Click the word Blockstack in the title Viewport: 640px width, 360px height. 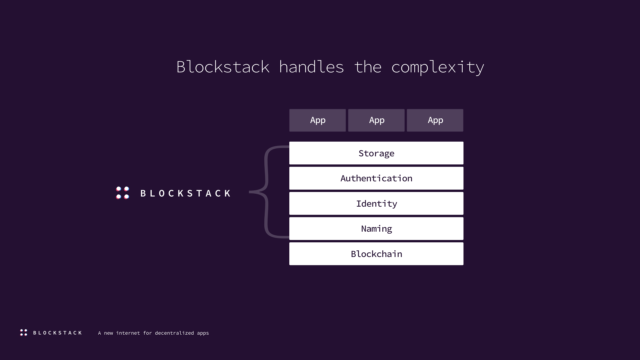[x=223, y=67]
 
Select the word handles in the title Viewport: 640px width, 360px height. [x=312, y=67]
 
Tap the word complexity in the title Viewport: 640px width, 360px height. [x=438, y=68]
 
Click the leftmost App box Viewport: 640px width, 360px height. [x=318, y=120]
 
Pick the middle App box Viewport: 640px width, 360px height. [x=376, y=120]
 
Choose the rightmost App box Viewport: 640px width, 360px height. [x=435, y=120]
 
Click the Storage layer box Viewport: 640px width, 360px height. [x=376, y=153]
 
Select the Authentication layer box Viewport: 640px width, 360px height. [x=376, y=178]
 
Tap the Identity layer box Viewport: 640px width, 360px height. [x=376, y=203]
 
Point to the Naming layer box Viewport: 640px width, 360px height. [x=376, y=229]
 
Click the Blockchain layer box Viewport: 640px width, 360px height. [x=376, y=254]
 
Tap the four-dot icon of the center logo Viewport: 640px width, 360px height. [x=123, y=193]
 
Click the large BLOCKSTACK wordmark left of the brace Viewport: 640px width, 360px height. [x=185, y=193]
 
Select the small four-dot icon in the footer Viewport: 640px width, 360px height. [x=24, y=333]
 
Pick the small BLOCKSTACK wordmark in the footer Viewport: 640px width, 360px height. [x=57, y=333]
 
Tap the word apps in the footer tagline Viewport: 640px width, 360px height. [x=203, y=333]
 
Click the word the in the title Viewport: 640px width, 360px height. [x=368, y=67]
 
